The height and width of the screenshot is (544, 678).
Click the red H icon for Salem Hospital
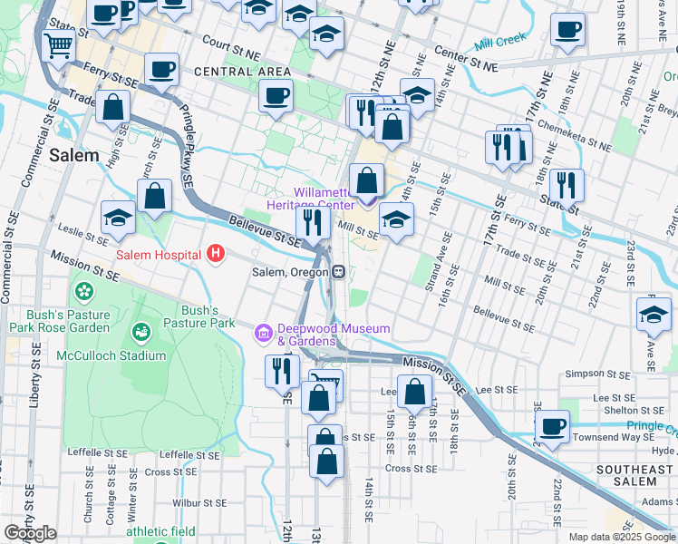click(x=215, y=254)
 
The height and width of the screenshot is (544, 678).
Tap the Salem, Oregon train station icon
click(x=337, y=272)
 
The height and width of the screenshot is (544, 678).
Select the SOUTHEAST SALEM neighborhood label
click(x=633, y=477)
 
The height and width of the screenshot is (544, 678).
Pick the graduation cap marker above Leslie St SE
click(x=118, y=218)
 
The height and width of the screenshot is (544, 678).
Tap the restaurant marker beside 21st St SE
click(x=567, y=185)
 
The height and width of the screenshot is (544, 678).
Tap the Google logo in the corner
click(x=31, y=533)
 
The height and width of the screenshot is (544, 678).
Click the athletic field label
click(x=160, y=531)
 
